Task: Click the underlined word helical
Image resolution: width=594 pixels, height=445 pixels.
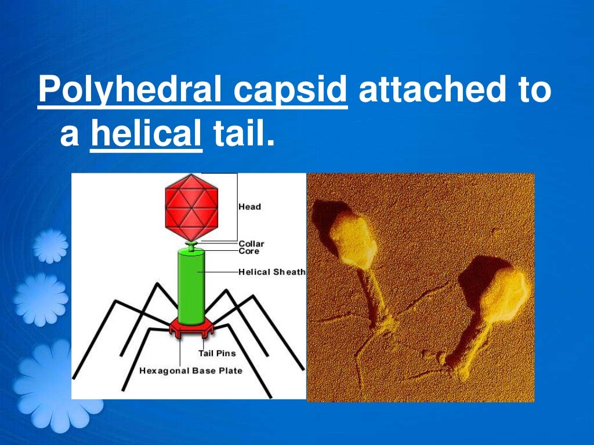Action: pyautogui.click(x=146, y=136)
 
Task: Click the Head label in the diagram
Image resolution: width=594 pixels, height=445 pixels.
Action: pyautogui.click(x=250, y=207)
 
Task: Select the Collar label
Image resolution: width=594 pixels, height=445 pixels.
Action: pyautogui.click(x=251, y=244)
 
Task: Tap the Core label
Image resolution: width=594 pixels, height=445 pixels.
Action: pyautogui.click(x=249, y=251)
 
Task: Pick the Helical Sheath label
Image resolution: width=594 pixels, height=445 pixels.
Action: pyautogui.click(x=271, y=272)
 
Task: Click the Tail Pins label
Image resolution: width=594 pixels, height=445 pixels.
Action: pyautogui.click(x=217, y=353)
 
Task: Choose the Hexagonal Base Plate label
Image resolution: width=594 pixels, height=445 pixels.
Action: pyautogui.click(x=191, y=371)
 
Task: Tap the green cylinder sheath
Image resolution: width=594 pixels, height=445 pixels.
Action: pyautogui.click(x=191, y=287)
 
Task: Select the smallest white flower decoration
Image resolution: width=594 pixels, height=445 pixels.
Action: pyautogui.click(x=50, y=245)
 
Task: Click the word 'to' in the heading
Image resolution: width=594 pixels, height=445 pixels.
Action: pyautogui.click(x=533, y=92)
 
